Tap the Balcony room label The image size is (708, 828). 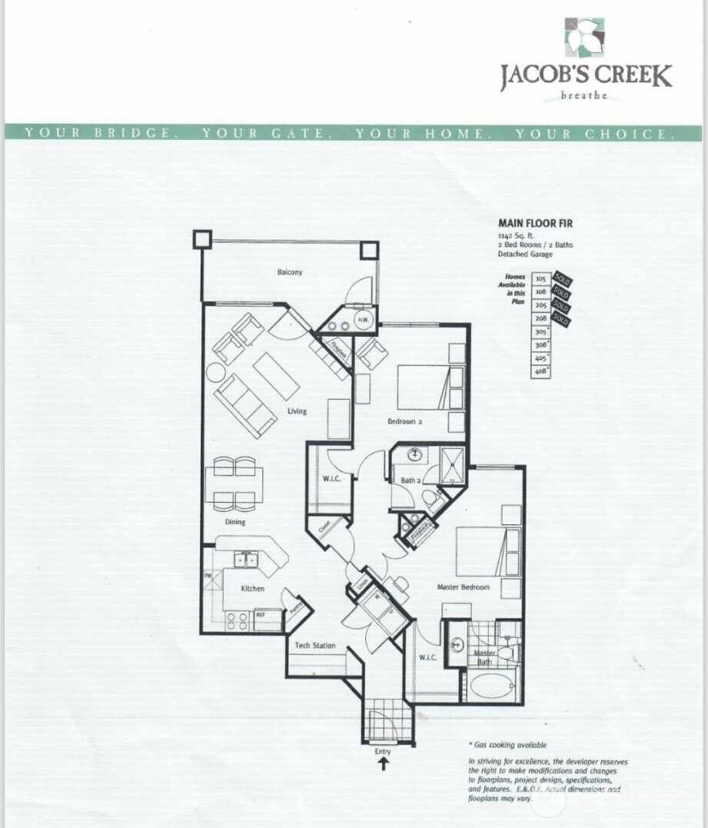pos(290,272)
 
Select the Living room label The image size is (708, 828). pos(297,411)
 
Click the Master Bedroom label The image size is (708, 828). pos(463,587)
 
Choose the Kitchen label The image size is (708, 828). pos(252,589)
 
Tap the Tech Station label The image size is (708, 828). pos(315,645)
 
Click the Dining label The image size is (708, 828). pos(235,522)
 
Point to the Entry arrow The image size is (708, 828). pos(383,764)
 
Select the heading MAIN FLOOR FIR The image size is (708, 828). pos(535,224)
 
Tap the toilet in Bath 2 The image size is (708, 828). pos(434,502)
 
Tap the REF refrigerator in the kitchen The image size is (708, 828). pos(261,615)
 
